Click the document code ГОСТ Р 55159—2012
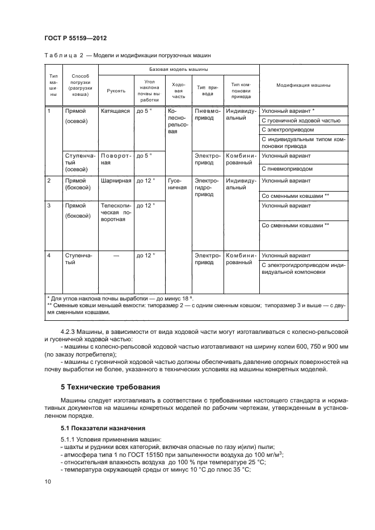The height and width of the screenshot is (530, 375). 75,38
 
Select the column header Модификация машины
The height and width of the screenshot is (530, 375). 303,85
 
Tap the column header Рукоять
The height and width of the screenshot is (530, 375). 116,91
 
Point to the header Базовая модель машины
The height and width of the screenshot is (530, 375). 178,69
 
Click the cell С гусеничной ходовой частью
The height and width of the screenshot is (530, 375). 301,121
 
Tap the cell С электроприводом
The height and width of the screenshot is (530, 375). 287,130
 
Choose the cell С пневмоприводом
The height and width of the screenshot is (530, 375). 287,169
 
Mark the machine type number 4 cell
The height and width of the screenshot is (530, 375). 50,256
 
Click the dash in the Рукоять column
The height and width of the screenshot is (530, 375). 116,256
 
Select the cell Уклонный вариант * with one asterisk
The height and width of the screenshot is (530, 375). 288,111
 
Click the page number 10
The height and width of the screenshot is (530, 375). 48,482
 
